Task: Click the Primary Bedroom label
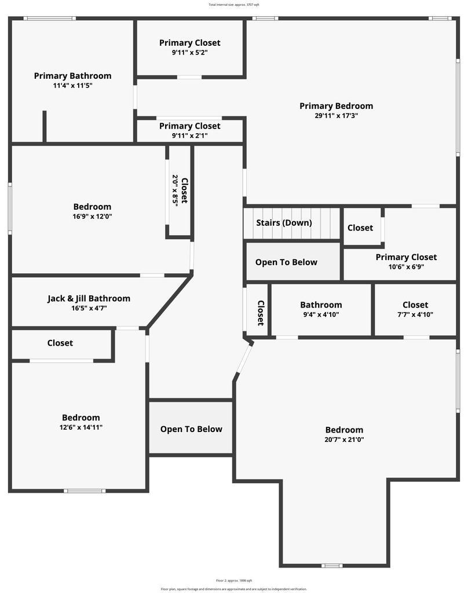pyautogui.click(x=336, y=106)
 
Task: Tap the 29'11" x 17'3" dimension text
pyautogui.click(x=336, y=116)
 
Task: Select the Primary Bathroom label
pyautogui.click(x=72, y=76)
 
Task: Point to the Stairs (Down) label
pyautogui.click(x=284, y=223)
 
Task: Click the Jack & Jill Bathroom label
pyautogui.click(x=89, y=299)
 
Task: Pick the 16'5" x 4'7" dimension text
pyautogui.click(x=89, y=309)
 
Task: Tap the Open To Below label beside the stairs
pyautogui.click(x=286, y=262)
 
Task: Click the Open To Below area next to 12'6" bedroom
pyautogui.click(x=191, y=429)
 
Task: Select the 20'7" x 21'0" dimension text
pyautogui.click(x=344, y=440)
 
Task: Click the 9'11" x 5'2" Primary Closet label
pyautogui.click(x=190, y=43)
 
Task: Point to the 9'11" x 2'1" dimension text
pyautogui.click(x=190, y=136)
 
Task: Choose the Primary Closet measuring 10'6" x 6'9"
pyautogui.click(x=406, y=257)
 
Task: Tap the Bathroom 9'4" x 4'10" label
pyautogui.click(x=321, y=305)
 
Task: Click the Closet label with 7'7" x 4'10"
pyautogui.click(x=415, y=305)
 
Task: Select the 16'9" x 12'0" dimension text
pyautogui.click(x=92, y=217)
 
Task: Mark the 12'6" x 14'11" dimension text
pyautogui.click(x=81, y=427)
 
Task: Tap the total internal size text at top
pyautogui.click(x=234, y=5)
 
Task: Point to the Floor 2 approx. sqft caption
pyautogui.click(x=234, y=580)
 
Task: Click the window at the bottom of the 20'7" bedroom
pyautogui.click(x=332, y=565)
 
